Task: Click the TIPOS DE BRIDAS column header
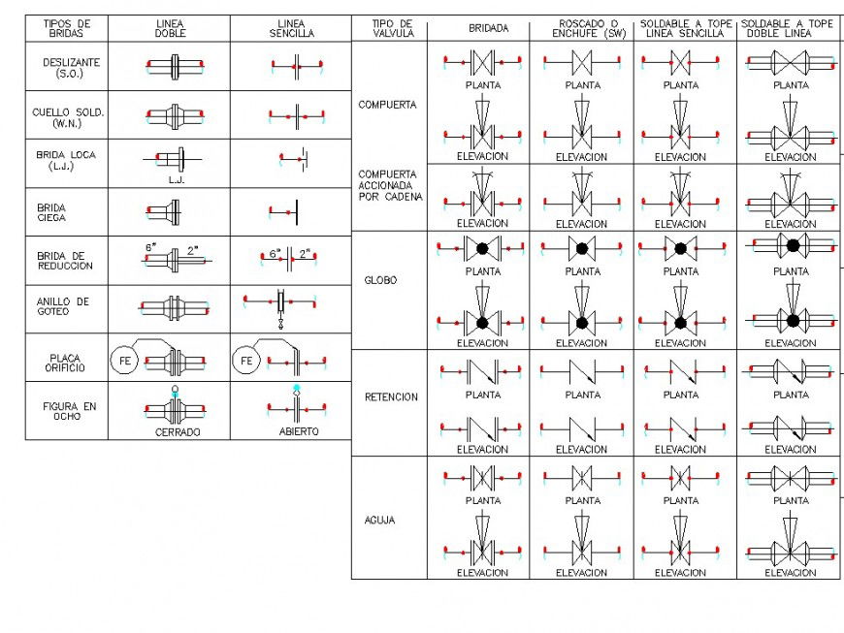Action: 67,28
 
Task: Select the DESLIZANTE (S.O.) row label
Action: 71,68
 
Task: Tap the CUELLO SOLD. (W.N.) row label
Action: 68,118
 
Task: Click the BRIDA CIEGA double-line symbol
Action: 164,212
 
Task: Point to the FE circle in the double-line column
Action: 124,361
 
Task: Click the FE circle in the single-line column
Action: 246,361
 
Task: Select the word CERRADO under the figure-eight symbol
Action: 178,432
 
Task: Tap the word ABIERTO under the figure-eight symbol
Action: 299,431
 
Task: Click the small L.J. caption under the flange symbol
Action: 177,180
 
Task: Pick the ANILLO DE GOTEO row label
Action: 63,306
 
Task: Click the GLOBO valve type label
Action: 380,280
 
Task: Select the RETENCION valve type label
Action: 391,397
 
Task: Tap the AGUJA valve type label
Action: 379,520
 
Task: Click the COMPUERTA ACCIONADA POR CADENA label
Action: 390,185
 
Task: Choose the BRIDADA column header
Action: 488,28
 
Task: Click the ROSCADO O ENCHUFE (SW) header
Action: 589,28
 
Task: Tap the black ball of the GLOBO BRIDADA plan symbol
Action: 482,248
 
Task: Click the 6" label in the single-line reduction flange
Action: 276,253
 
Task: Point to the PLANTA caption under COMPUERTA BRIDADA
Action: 483,85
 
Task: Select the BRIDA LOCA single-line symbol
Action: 294,159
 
